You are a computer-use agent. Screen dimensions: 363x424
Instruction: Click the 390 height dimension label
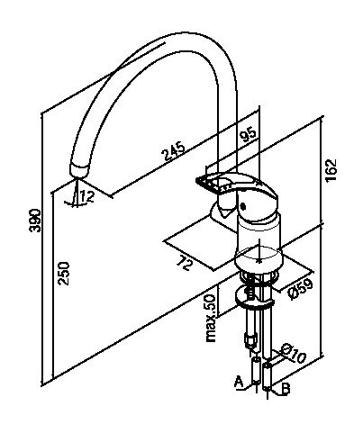point(35,221)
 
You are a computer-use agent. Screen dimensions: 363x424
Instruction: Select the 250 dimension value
point(64,274)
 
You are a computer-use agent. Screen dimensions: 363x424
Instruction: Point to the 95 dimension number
point(249,136)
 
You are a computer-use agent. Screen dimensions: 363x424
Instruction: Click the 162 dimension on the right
point(331,170)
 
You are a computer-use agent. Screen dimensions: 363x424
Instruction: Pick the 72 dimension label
point(184,263)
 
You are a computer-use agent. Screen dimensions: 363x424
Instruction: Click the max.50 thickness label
point(211,318)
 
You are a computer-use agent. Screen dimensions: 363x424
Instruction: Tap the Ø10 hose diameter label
point(293,353)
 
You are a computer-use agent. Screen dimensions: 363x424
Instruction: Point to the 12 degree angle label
point(87,196)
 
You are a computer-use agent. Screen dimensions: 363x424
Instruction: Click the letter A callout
point(239,382)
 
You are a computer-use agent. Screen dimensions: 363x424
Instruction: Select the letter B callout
point(286,389)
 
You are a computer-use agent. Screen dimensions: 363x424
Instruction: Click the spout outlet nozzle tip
point(79,170)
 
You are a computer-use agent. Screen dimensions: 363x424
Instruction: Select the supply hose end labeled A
point(256,370)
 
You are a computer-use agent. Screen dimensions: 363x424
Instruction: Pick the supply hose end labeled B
point(267,376)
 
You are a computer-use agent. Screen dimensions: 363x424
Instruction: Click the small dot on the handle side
point(243,207)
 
